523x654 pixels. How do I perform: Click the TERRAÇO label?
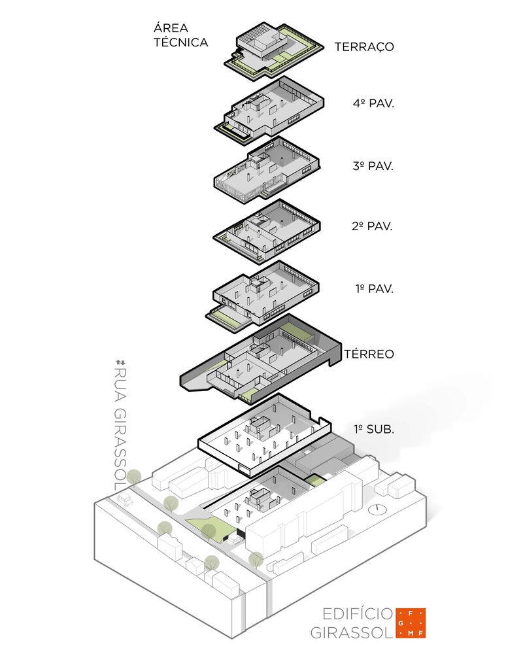364,47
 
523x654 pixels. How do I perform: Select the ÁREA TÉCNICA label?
181,35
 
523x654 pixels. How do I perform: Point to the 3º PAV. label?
373,165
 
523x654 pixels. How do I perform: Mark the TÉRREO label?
369,354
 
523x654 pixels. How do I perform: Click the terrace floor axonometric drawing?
273,51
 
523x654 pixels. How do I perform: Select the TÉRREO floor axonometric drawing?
261,360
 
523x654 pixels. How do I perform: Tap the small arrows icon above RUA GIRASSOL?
120,361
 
